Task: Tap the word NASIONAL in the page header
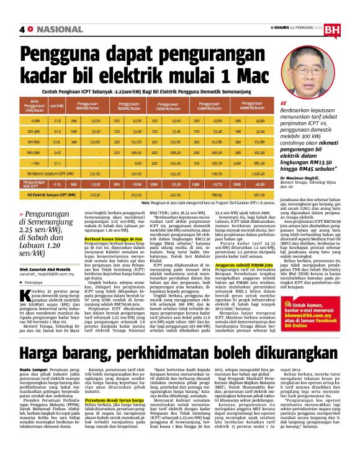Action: [55, 29]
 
